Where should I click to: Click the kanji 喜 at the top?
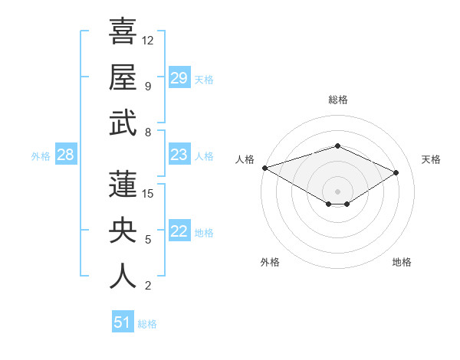click(x=123, y=32)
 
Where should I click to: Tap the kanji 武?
click(x=123, y=123)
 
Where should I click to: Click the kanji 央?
click(x=123, y=231)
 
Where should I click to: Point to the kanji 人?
click(x=123, y=277)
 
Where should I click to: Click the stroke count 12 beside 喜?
click(x=148, y=40)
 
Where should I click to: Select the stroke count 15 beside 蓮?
click(x=148, y=193)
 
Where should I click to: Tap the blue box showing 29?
click(x=179, y=78)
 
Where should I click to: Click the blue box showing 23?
click(x=179, y=155)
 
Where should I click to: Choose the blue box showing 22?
click(x=179, y=232)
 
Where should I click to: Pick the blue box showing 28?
click(x=65, y=155)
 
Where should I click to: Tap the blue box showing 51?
click(x=123, y=322)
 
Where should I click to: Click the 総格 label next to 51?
click(x=147, y=324)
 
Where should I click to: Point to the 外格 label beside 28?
click(x=41, y=156)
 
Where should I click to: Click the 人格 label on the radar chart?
click(x=245, y=159)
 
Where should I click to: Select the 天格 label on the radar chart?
click(x=431, y=159)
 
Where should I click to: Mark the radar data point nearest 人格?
click(x=264, y=167)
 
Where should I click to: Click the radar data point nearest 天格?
click(x=396, y=172)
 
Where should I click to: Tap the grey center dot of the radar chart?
click(x=337, y=190)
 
